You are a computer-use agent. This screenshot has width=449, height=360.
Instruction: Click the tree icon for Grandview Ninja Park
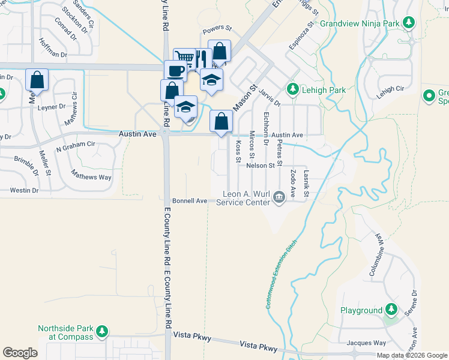point(409,23)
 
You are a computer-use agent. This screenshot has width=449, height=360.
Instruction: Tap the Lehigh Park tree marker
point(293,90)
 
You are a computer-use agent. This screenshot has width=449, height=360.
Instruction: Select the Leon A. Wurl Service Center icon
point(279,197)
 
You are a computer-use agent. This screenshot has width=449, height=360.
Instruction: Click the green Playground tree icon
point(391,310)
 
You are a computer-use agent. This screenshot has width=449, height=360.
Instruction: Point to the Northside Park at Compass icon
point(101,331)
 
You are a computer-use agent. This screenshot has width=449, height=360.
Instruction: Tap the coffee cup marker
point(175,70)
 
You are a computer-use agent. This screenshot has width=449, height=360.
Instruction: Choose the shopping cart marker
point(184,58)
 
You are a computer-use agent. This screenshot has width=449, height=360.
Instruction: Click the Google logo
point(20,353)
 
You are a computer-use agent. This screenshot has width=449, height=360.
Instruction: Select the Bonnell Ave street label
point(189,200)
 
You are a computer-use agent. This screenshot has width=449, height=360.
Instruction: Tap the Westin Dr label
point(24,190)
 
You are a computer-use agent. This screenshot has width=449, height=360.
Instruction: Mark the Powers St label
point(217,28)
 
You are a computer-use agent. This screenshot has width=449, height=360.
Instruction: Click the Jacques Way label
point(367,343)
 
